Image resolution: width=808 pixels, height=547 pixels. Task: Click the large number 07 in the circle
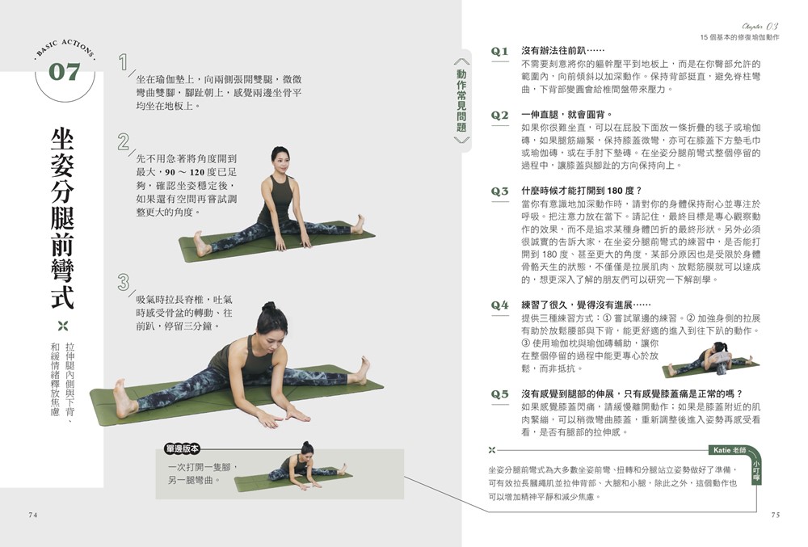[x=65, y=72]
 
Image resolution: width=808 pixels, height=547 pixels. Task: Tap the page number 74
[x=33, y=515]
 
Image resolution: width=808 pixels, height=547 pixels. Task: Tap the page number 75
[x=776, y=515]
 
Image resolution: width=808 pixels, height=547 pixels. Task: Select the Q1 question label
[x=499, y=51]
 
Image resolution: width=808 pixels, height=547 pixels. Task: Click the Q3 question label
[x=499, y=191]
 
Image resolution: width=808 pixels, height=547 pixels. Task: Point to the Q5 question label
[x=499, y=394]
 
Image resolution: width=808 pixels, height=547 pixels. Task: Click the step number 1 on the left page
[x=123, y=62]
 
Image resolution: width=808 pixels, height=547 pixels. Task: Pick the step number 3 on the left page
[x=123, y=282]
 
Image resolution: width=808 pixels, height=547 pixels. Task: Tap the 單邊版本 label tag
[x=182, y=448]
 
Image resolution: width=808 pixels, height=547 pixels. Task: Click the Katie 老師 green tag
[x=729, y=450]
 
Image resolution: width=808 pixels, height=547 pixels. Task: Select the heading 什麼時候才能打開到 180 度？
[x=582, y=191]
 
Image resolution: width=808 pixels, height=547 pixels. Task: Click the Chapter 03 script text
[x=760, y=27]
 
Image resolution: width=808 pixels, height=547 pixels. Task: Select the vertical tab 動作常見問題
[x=461, y=101]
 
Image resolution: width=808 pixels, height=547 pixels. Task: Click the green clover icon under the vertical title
[x=63, y=326]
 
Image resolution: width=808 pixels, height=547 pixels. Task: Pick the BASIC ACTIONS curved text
[x=65, y=48]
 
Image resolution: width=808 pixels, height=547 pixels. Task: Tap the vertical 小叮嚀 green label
[x=756, y=473]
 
